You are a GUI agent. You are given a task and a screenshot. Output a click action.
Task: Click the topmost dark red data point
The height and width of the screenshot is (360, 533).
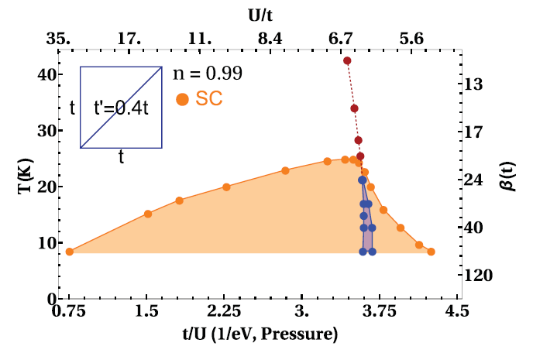click(347, 60)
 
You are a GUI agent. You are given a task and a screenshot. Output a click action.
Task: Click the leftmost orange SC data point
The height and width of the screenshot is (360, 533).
click(70, 252)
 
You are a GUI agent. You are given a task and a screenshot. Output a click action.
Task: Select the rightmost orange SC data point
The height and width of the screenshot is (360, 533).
click(431, 252)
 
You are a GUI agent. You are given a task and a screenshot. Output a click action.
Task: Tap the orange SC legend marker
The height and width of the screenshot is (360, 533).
click(183, 99)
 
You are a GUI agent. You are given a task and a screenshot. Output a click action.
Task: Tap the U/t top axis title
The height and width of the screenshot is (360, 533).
click(264, 13)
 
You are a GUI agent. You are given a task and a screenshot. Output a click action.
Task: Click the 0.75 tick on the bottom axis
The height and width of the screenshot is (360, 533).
click(69, 313)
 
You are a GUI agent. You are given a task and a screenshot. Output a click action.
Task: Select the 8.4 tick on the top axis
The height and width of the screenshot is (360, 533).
click(270, 36)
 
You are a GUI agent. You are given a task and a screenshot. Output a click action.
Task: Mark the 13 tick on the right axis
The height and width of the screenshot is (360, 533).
click(477, 84)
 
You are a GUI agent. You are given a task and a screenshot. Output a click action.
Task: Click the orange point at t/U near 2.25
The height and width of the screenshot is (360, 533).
click(226, 187)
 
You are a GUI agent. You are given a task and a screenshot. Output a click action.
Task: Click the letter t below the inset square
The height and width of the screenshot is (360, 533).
click(122, 156)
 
